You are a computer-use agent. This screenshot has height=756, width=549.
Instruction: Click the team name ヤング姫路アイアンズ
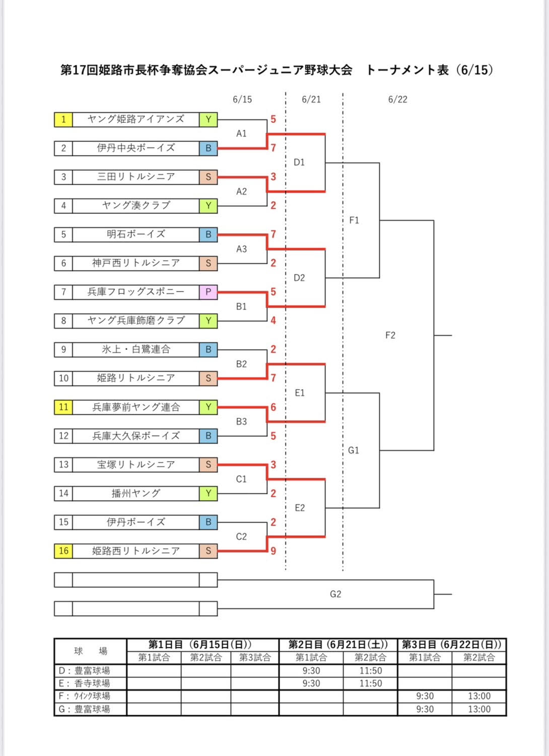(135, 119)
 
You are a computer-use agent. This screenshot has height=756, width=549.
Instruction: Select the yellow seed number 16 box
(63, 551)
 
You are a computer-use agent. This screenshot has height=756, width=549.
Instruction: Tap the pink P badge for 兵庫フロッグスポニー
(208, 292)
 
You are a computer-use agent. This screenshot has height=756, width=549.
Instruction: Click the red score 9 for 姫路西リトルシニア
(273, 551)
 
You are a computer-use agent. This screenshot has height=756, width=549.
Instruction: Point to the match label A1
(241, 133)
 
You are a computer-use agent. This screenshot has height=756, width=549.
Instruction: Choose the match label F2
(390, 335)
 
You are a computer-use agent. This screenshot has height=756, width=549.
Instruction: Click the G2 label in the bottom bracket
(335, 594)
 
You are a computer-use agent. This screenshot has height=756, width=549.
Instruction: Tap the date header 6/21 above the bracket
(311, 99)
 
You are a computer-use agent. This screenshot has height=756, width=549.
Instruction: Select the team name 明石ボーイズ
(135, 234)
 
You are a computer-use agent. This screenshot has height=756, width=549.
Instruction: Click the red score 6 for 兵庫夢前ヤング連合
(273, 407)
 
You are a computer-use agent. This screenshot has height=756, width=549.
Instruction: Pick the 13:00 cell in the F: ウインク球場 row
(479, 696)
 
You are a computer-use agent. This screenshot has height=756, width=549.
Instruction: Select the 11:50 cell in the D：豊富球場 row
(370, 670)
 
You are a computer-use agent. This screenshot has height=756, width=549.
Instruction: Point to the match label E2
(300, 508)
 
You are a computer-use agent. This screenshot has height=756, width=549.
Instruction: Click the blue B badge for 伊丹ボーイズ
(208, 522)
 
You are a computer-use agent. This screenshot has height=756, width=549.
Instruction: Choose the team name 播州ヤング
(135, 493)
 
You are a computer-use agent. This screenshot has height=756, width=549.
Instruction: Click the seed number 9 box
(63, 349)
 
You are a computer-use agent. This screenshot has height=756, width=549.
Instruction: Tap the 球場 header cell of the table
(90, 651)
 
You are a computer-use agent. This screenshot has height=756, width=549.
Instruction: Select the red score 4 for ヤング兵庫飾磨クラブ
(273, 320)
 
